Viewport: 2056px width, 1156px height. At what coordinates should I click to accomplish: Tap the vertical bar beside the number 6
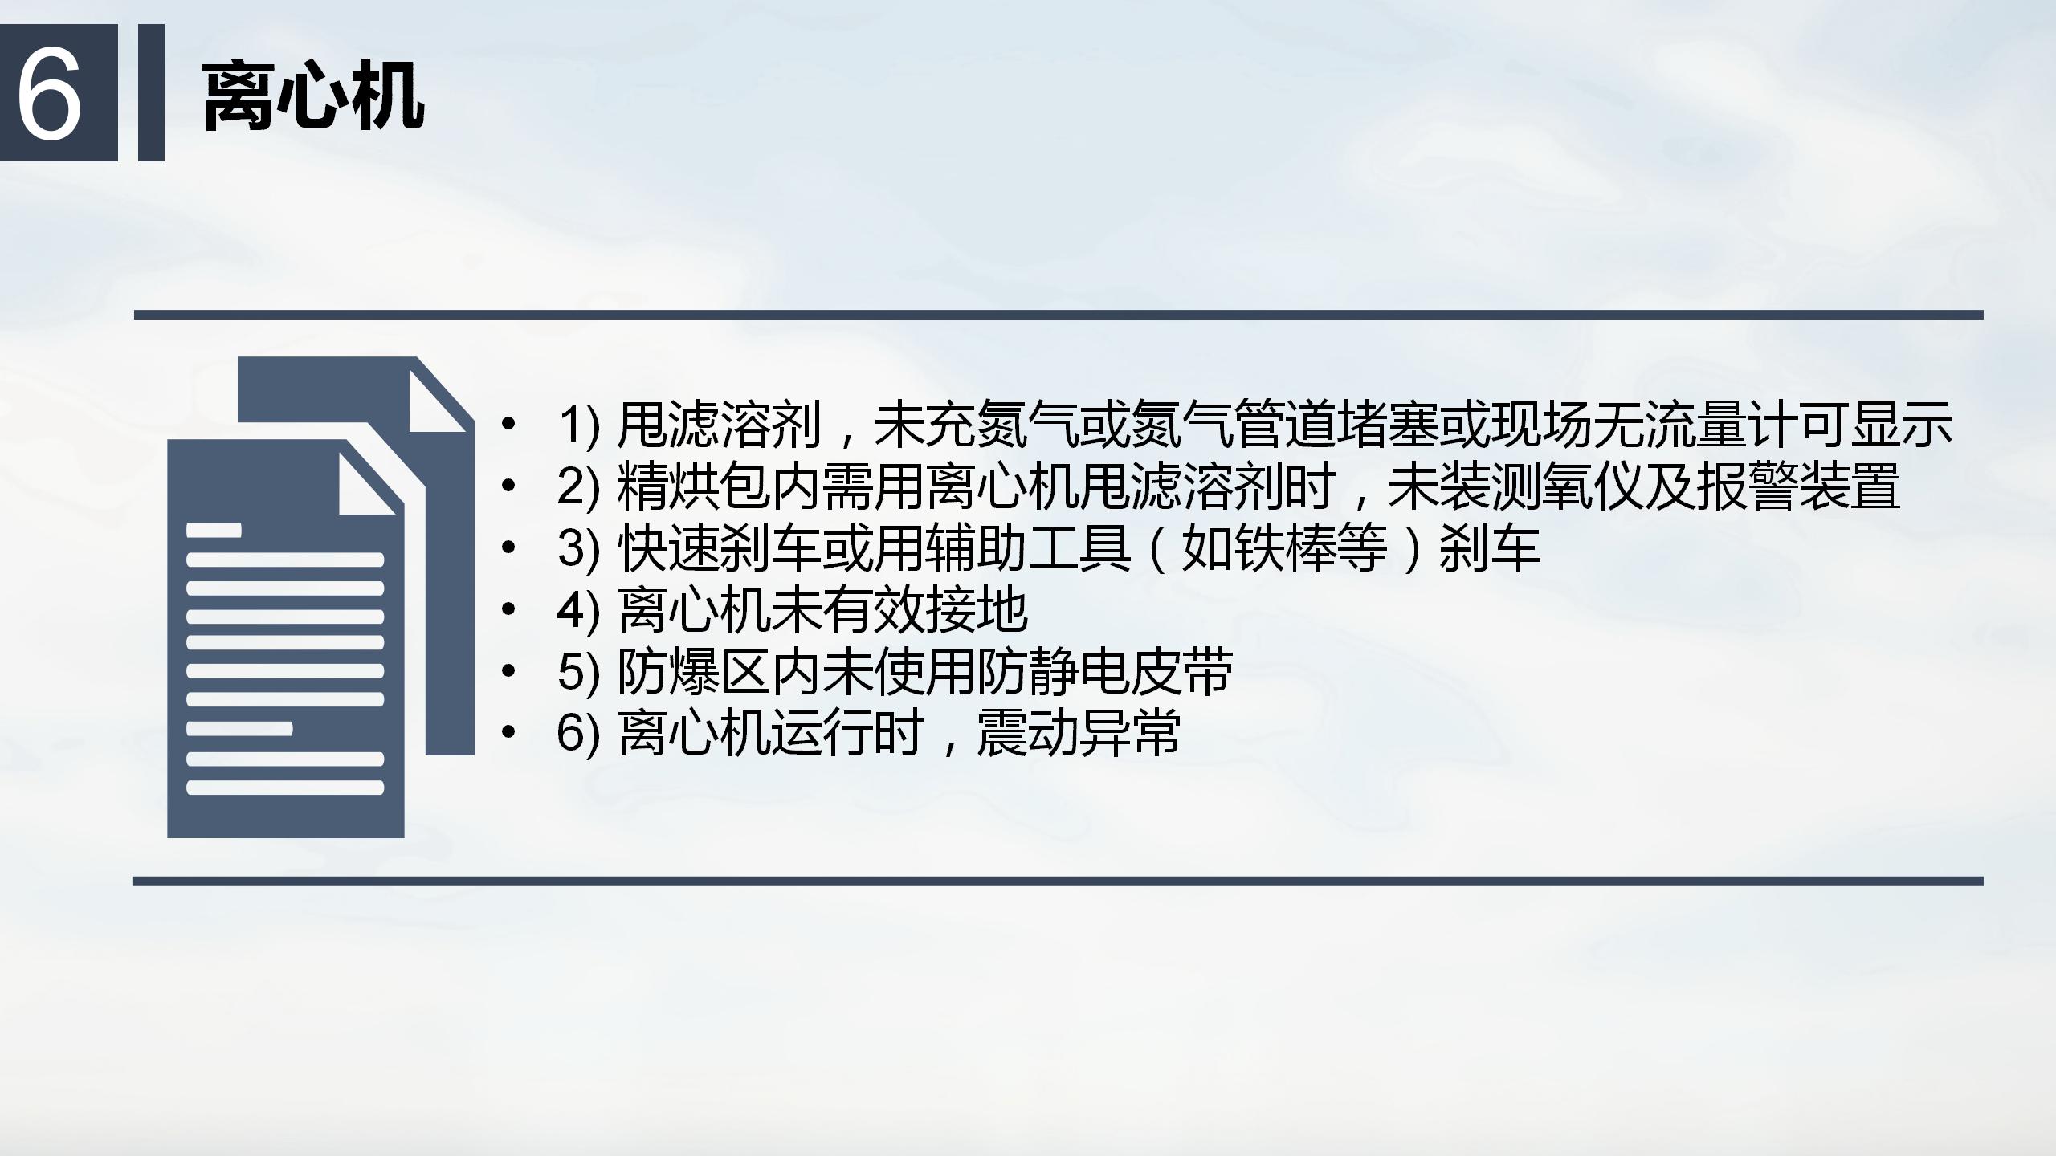point(151,92)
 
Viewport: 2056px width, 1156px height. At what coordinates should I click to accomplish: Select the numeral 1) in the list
point(578,425)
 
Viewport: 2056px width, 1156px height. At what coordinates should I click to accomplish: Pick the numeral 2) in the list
point(578,487)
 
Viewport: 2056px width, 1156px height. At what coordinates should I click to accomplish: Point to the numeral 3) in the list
point(578,549)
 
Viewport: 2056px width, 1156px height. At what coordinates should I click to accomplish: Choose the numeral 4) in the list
point(578,611)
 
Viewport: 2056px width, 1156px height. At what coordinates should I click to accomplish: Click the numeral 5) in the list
point(578,673)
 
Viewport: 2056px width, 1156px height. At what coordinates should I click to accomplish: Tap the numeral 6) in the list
point(578,735)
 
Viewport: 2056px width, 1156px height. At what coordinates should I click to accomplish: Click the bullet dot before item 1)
point(507,425)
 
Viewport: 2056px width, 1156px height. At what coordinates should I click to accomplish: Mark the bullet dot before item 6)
point(507,733)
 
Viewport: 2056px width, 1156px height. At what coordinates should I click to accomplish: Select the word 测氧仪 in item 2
point(1567,486)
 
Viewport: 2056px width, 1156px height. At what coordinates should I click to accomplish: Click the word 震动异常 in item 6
point(1079,734)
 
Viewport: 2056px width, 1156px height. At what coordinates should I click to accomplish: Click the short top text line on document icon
point(214,530)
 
